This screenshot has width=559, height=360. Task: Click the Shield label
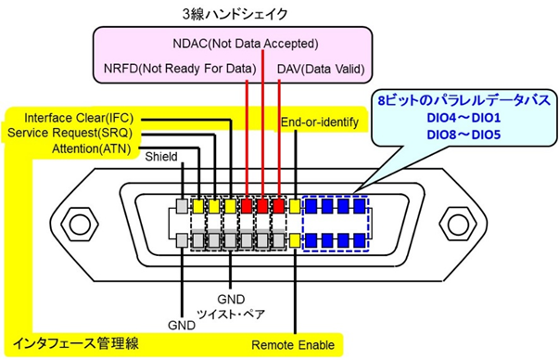[x=161, y=157]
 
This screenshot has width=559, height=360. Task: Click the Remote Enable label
[x=294, y=345]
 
